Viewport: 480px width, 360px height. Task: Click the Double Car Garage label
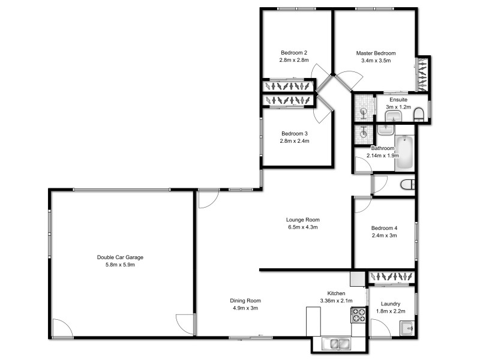(x=120, y=257)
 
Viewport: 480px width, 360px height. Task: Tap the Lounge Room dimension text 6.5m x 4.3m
(x=302, y=227)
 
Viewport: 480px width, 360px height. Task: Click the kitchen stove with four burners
(x=359, y=315)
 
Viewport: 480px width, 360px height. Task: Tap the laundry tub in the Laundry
(x=407, y=328)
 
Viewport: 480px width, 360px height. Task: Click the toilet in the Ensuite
(x=419, y=114)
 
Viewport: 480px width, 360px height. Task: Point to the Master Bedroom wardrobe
(x=424, y=73)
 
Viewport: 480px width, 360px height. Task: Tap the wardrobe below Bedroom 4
(x=391, y=277)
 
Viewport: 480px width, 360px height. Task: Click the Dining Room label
(x=246, y=301)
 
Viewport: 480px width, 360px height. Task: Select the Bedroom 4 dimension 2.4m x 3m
(x=384, y=236)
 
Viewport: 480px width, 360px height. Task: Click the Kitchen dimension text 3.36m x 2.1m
(x=336, y=301)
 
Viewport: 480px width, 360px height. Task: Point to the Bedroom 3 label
(x=294, y=133)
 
